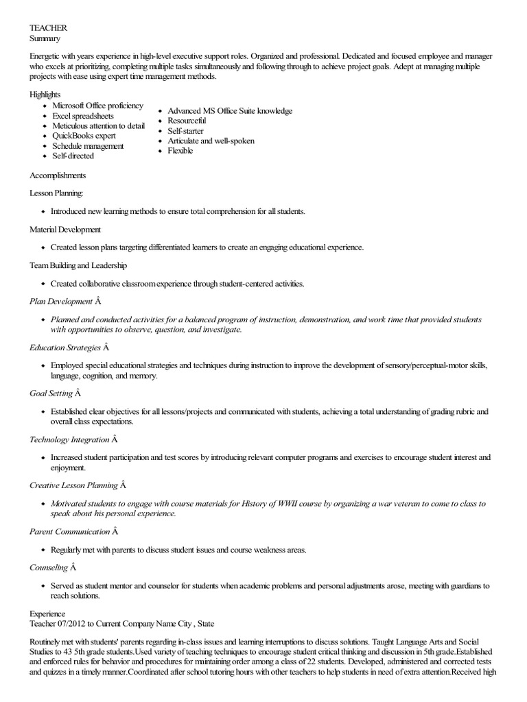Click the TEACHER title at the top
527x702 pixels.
click(48, 27)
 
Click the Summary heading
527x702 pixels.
click(45, 38)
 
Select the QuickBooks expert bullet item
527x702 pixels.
click(84, 136)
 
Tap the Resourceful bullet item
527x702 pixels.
click(187, 121)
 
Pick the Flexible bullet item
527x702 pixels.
click(180, 151)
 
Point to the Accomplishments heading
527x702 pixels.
click(58, 175)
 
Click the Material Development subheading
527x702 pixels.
click(65, 229)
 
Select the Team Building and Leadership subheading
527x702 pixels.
click(78, 265)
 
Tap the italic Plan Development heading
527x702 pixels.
click(60, 301)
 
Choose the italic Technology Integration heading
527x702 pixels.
click(69, 439)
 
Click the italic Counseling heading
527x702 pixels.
click(49, 567)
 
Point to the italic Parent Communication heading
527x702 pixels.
click(69, 531)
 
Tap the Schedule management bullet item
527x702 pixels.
click(88, 146)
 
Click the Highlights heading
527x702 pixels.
click(45, 94)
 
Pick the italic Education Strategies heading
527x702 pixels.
click(65, 348)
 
